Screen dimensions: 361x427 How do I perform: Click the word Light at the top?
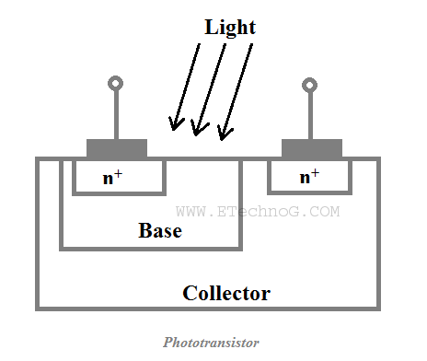click(x=229, y=27)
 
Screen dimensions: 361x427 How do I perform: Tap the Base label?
click(x=160, y=230)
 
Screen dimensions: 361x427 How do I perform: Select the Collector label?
click(x=226, y=294)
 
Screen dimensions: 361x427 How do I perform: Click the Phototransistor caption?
click(x=212, y=343)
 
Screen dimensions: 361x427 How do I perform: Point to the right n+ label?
click(x=308, y=176)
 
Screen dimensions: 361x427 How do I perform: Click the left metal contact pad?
click(x=117, y=148)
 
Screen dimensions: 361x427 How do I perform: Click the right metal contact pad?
click(x=311, y=148)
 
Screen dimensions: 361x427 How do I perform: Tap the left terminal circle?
click(x=116, y=85)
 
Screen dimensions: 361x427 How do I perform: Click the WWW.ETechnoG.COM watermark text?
click(x=258, y=211)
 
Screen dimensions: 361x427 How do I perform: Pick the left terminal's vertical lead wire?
click(x=116, y=115)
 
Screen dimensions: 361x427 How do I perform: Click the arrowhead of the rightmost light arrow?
click(x=222, y=135)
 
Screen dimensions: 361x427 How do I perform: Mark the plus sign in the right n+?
click(x=316, y=172)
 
